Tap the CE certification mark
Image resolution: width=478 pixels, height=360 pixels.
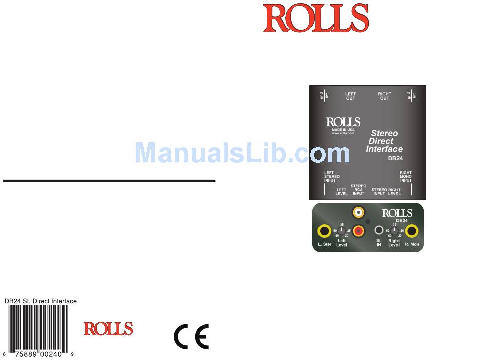191,337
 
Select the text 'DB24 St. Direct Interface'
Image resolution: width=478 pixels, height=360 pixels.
41,301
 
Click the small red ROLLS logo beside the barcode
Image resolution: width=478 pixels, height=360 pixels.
108,329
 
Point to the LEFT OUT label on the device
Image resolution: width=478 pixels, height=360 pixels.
350,96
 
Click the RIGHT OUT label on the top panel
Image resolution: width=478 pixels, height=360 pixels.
384,96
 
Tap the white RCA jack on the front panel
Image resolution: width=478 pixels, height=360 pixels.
358,213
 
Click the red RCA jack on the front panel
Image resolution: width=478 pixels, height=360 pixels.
359,231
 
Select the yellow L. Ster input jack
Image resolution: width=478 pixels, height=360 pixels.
325,231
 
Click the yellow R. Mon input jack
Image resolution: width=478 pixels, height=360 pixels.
412,231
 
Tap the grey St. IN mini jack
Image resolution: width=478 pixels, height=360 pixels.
379,230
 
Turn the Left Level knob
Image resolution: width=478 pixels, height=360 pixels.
342,231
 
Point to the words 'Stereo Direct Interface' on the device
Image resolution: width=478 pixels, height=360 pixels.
384,141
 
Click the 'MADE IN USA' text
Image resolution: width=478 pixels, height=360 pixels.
343,129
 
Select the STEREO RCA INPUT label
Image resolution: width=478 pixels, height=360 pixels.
358,189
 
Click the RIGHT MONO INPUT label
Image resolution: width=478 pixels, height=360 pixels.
406,176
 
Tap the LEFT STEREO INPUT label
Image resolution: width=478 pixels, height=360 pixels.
332,176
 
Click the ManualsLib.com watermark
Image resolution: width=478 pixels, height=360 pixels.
242,152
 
